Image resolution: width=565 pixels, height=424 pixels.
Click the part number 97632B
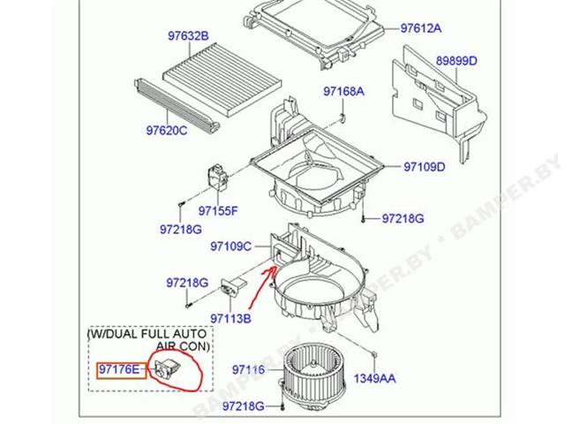188,36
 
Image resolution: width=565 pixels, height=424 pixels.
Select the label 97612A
421,28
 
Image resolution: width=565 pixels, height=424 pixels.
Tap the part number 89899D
456,61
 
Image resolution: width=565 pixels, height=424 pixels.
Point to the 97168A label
343,91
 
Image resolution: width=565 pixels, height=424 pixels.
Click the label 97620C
167,130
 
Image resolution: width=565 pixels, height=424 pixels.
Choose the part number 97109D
425,167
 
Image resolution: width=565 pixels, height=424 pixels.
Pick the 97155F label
218,211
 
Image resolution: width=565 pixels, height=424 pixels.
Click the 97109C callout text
231,246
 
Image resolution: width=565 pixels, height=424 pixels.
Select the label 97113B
231,318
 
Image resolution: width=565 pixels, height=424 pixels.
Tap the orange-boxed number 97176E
120,369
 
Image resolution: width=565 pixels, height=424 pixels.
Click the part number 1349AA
374,379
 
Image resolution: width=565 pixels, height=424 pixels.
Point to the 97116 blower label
248,369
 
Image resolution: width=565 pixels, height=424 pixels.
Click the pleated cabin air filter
222,79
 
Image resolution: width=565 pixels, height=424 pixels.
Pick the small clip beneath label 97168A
343,117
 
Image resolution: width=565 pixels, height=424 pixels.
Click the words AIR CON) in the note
183,346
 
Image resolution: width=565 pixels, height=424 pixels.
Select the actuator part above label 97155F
218,177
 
